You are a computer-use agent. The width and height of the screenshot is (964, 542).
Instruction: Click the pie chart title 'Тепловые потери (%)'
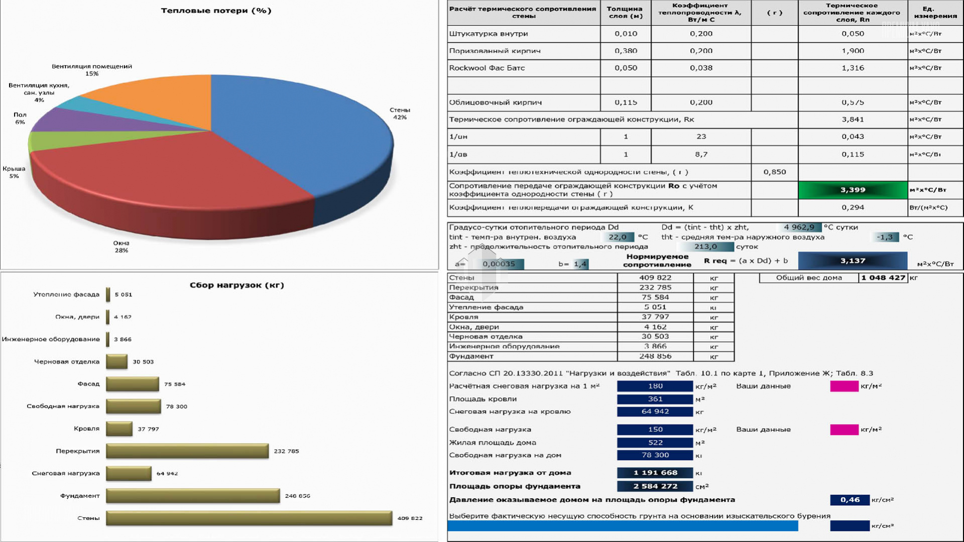tap(216, 11)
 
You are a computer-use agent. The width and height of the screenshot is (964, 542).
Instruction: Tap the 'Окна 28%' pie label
tap(121, 247)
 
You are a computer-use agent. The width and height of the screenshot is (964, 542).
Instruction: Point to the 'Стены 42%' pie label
tap(400, 114)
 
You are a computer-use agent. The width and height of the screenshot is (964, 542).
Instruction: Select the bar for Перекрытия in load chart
tap(187, 451)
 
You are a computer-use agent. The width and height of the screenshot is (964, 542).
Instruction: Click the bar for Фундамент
tap(193, 496)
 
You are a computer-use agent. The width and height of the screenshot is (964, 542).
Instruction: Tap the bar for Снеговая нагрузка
tap(129, 473)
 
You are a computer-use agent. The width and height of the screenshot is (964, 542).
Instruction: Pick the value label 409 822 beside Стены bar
tap(410, 518)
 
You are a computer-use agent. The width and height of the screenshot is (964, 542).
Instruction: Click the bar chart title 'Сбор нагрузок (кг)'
tap(236, 285)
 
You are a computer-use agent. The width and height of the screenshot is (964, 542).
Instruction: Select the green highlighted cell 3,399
tap(853, 190)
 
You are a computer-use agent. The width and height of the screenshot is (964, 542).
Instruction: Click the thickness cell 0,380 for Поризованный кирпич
tap(626, 51)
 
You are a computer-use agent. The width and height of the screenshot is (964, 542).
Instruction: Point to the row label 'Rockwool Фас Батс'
tap(487, 68)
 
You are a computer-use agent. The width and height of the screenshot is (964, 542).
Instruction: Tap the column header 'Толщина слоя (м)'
tap(625, 12)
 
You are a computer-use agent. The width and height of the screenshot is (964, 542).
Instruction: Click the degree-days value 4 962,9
tap(799, 227)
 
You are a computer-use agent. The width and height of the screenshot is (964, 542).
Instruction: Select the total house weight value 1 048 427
tap(883, 278)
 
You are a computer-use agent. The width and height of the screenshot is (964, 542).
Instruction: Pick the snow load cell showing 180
tap(655, 386)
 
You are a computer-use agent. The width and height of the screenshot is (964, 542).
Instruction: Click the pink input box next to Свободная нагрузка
tap(844, 429)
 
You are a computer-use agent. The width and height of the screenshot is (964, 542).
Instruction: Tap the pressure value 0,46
tap(850, 500)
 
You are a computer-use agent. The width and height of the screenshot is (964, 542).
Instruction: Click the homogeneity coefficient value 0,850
tap(774, 172)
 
